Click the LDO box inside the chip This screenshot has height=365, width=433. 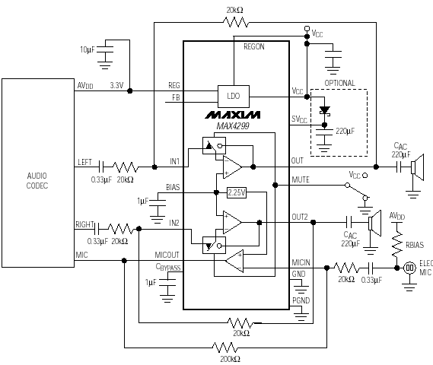[x=234, y=97]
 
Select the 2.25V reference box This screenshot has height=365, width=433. [x=237, y=192]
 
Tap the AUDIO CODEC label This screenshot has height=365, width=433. [x=37, y=181]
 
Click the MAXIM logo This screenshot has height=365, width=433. [x=233, y=115]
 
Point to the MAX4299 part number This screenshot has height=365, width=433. [x=233, y=126]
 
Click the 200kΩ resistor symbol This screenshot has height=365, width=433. [x=225, y=348]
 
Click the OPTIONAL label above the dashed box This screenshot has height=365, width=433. [x=339, y=83]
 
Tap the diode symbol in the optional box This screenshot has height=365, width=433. [x=324, y=110]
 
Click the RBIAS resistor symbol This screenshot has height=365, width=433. [x=396, y=243]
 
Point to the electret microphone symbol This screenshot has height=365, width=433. [x=409, y=268]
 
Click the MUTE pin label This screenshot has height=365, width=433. [x=301, y=180]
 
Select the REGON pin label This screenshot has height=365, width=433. [x=253, y=46]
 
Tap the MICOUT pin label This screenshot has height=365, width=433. [x=167, y=255]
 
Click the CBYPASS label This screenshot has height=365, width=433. [x=168, y=268]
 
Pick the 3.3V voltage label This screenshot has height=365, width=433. [x=116, y=85]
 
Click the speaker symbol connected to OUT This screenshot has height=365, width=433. [x=417, y=167]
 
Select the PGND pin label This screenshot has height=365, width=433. [x=301, y=300]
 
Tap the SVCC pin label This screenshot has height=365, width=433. [x=299, y=119]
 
